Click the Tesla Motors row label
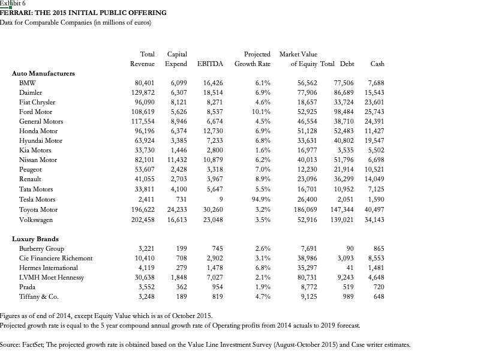(x=37, y=199)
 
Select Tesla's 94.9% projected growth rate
(x=259, y=199)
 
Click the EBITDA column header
(x=210, y=64)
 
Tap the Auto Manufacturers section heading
(x=43, y=73)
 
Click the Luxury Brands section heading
(x=35, y=239)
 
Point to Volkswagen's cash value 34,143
(x=374, y=220)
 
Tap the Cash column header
(x=377, y=64)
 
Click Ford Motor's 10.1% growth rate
(x=259, y=112)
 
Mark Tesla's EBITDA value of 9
(x=221, y=199)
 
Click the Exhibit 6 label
(x=13, y=4)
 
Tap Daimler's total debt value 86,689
(x=344, y=92)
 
